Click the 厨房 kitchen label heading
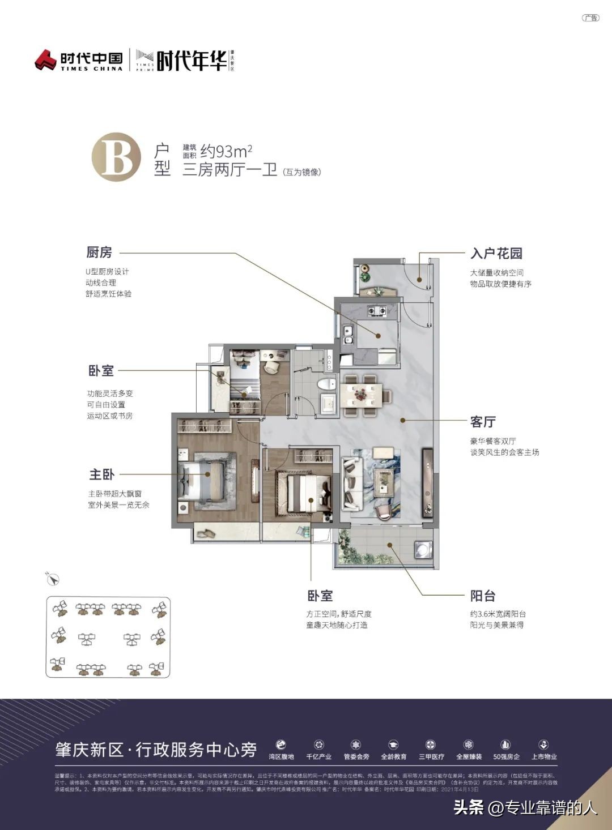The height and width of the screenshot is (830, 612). coord(99,253)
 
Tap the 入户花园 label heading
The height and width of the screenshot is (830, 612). coord(496,253)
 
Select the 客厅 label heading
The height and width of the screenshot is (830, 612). coord(483,422)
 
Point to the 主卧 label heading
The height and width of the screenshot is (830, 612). coord(101,474)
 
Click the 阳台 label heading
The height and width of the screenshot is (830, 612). coord(483,596)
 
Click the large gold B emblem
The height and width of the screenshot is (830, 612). coord(116,157)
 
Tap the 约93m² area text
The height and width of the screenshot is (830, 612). coord(226,151)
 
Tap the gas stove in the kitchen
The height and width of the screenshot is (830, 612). coord(376,310)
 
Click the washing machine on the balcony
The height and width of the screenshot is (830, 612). coord(423,550)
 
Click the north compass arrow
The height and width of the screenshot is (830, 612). coord(53,579)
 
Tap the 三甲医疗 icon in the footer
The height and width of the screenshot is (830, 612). coord(431,745)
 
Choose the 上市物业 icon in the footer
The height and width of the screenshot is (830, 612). coord(543,745)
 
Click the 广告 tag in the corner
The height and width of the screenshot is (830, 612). coord(590,18)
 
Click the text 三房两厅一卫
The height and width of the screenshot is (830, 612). coord(229,170)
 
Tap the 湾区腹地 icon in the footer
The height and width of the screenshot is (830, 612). coord(281,745)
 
